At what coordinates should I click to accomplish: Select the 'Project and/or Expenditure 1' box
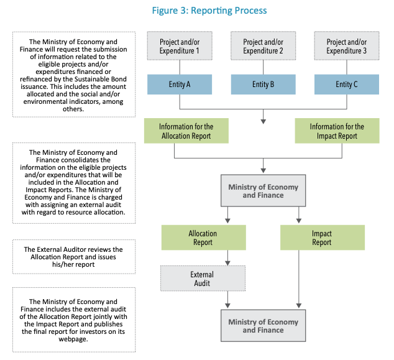click(x=180, y=46)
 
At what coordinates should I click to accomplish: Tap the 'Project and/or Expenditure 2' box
click(x=263, y=46)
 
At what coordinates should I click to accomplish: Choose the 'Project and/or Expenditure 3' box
click(x=346, y=46)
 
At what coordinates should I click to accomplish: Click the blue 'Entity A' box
click(x=180, y=84)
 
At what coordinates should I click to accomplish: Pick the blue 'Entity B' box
click(x=263, y=84)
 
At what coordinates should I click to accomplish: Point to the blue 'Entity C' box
click(x=346, y=84)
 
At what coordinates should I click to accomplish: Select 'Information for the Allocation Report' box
click(x=186, y=131)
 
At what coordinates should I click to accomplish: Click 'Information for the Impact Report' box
click(x=337, y=131)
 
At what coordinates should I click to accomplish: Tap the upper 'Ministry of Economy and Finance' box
click(x=263, y=191)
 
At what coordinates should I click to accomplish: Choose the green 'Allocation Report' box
click(x=203, y=238)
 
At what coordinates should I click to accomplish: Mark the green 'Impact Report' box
click(x=322, y=238)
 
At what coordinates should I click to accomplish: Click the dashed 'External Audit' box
click(x=202, y=278)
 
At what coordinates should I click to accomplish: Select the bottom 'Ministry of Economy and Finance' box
click(x=263, y=325)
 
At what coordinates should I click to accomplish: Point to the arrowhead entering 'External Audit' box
click(x=227, y=262)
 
